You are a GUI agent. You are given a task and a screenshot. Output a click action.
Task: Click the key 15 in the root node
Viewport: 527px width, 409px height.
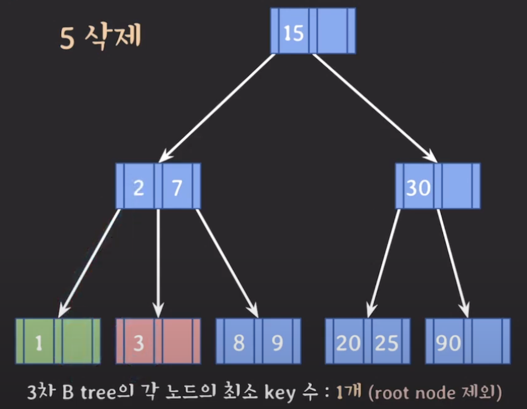coord(294,32)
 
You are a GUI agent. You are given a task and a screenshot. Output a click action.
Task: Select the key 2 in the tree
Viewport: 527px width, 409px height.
coord(139,187)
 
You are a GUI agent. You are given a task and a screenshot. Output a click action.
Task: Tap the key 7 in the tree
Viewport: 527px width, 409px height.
coord(177,187)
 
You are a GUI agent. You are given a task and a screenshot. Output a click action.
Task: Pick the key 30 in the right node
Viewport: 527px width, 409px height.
coord(418,187)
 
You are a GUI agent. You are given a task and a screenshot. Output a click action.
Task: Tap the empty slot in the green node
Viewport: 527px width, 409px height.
coord(77,341)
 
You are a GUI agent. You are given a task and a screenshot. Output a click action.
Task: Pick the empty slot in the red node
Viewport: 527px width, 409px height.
coord(177,341)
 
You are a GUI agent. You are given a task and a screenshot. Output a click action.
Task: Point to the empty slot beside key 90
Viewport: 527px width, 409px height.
coord(487,341)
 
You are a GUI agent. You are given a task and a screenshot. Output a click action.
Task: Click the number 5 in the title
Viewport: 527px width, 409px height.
coord(67,39)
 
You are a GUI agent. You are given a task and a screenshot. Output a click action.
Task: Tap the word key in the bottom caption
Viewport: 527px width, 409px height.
coord(280,393)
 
